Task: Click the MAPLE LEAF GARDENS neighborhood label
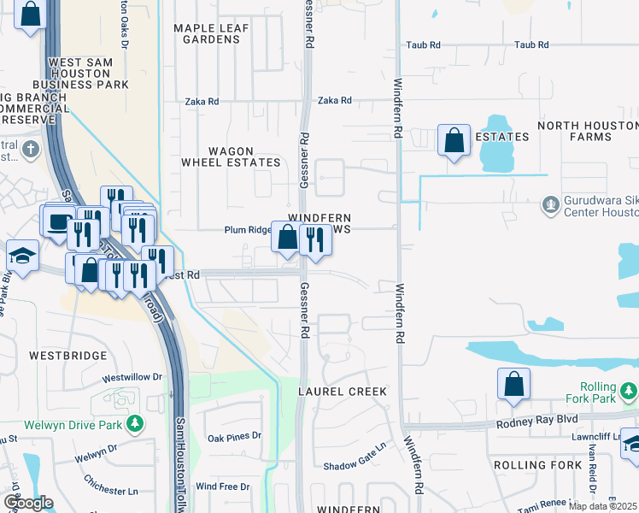click(211, 33)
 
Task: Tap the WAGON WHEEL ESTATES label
click(231, 156)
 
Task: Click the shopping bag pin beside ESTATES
click(454, 140)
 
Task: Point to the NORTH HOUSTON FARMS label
click(586, 131)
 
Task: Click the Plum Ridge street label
click(247, 230)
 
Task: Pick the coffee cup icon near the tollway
click(58, 221)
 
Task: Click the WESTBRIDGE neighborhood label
click(68, 355)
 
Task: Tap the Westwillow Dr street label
click(132, 377)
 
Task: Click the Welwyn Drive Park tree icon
click(134, 423)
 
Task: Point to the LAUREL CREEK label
click(343, 391)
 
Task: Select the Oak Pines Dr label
click(234, 437)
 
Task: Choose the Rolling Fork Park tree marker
click(629, 392)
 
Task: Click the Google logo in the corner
click(28, 503)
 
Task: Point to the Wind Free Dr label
click(223, 486)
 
